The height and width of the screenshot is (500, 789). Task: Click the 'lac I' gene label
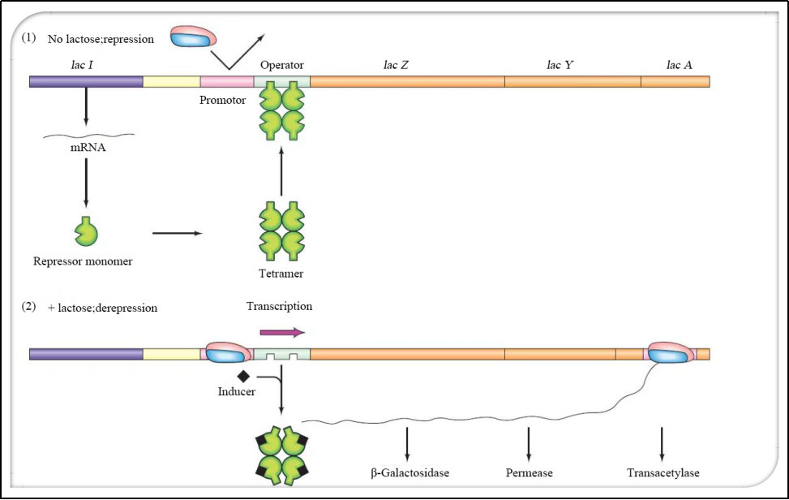(x=85, y=63)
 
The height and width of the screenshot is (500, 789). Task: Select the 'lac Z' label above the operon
(x=396, y=64)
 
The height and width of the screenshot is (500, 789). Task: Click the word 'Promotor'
(x=222, y=100)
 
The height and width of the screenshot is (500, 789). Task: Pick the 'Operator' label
(x=282, y=64)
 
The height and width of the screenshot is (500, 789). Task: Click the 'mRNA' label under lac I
(x=86, y=149)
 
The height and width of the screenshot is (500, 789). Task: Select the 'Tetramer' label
(x=281, y=274)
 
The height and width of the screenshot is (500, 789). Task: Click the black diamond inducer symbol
(x=242, y=376)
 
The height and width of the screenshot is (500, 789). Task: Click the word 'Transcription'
(x=279, y=307)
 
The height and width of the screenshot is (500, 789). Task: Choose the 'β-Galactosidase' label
(x=405, y=472)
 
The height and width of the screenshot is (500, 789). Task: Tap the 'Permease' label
(x=529, y=472)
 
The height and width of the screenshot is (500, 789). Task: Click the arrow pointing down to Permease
(x=529, y=442)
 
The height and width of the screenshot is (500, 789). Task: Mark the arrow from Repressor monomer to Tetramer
(x=178, y=234)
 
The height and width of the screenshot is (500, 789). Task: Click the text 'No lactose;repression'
(x=101, y=38)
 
